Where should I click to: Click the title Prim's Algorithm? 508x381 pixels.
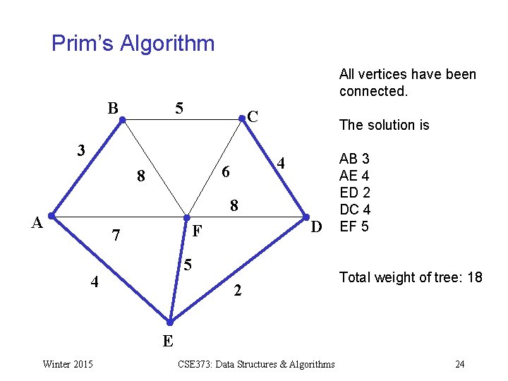click(x=133, y=44)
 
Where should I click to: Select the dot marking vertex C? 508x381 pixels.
click(x=243, y=121)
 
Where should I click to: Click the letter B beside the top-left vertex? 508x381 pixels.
click(x=113, y=109)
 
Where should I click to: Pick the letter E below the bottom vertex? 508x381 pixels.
click(x=168, y=341)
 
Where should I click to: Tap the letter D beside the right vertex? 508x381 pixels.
click(x=317, y=226)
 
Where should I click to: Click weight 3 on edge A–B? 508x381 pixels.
click(x=82, y=150)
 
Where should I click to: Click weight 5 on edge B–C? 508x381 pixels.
click(x=180, y=109)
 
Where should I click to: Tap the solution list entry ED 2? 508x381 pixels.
click(x=355, y=193)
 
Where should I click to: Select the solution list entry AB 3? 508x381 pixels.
click(x=355, y=159)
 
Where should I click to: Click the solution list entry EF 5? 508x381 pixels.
click(x=354, y=226)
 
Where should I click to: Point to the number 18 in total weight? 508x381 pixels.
click(x=475, y=277)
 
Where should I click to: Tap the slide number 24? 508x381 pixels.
click(x=460, y=364)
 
